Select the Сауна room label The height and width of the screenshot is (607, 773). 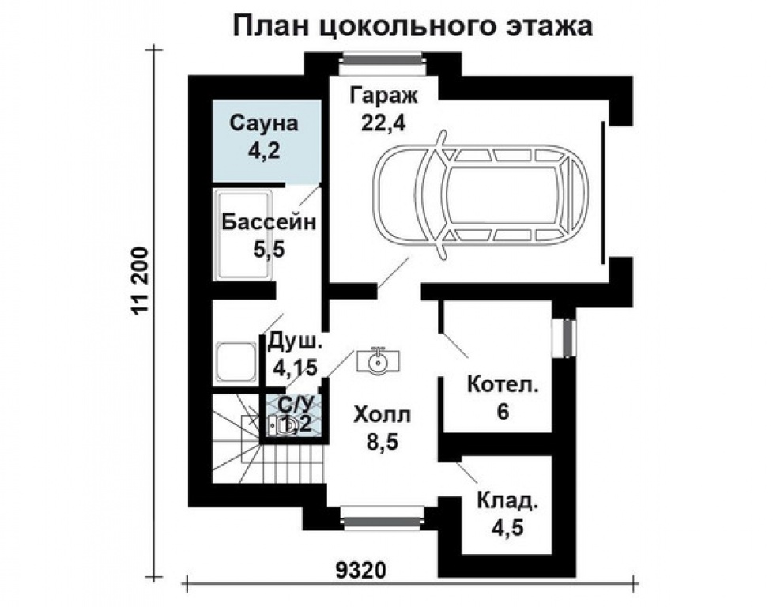263,123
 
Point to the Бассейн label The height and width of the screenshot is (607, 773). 268,221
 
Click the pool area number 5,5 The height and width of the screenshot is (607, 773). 268,248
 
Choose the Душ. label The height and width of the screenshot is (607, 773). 295,341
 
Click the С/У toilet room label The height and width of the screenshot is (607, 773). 295,404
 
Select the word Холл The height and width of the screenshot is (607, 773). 383,414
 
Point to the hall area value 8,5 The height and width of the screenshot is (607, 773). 383,440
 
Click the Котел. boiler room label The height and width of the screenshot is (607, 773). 503,386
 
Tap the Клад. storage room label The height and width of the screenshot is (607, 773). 507,500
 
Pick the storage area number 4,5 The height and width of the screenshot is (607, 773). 507,526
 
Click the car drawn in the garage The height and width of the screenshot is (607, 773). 482,194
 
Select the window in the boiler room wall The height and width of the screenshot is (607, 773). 566,338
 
